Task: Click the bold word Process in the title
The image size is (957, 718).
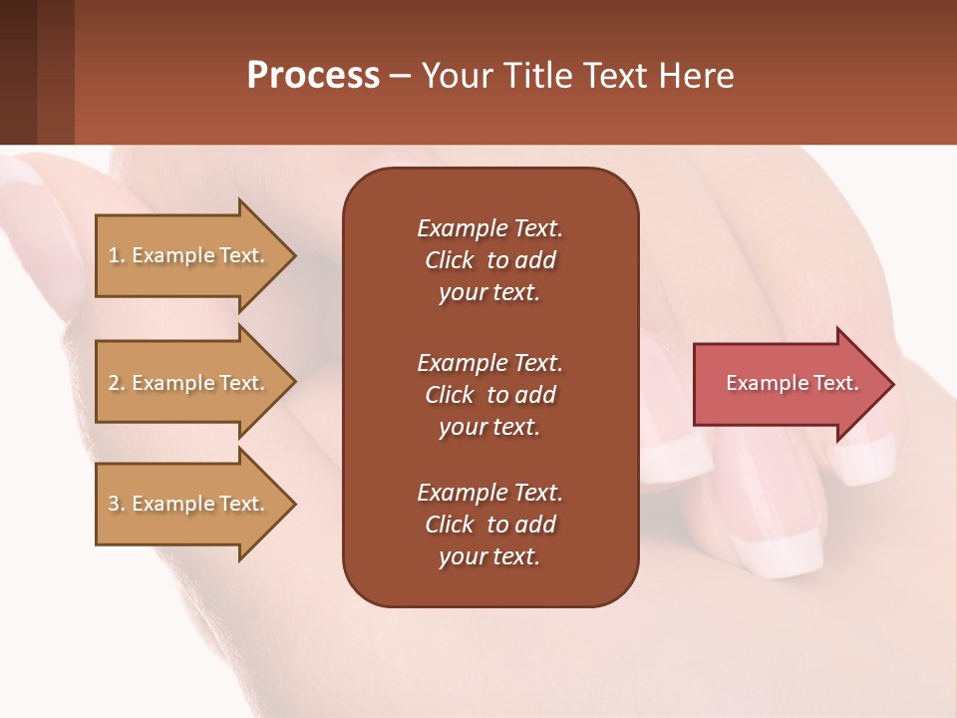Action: (x=313, y=76)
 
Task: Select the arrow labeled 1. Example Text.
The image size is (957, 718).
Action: (x=189, y=255)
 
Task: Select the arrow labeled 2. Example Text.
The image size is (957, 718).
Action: (x=189, y=383)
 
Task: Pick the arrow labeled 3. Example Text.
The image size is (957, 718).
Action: (x=189, y=504)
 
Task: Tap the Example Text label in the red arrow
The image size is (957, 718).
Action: (x=792, y=383)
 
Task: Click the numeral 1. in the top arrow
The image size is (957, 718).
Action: (x=116, y=255)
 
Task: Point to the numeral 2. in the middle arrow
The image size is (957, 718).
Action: (x=116, y=383)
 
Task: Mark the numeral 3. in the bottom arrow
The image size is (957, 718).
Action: (x=116, y=504)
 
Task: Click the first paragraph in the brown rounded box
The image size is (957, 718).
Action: (x=489, y=260)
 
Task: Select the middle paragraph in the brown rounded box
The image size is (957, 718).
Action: (x=489, y=394)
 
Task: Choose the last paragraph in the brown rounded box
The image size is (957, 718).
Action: (x=489, y=525)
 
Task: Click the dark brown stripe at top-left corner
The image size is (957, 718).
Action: (x=18, y=72)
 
